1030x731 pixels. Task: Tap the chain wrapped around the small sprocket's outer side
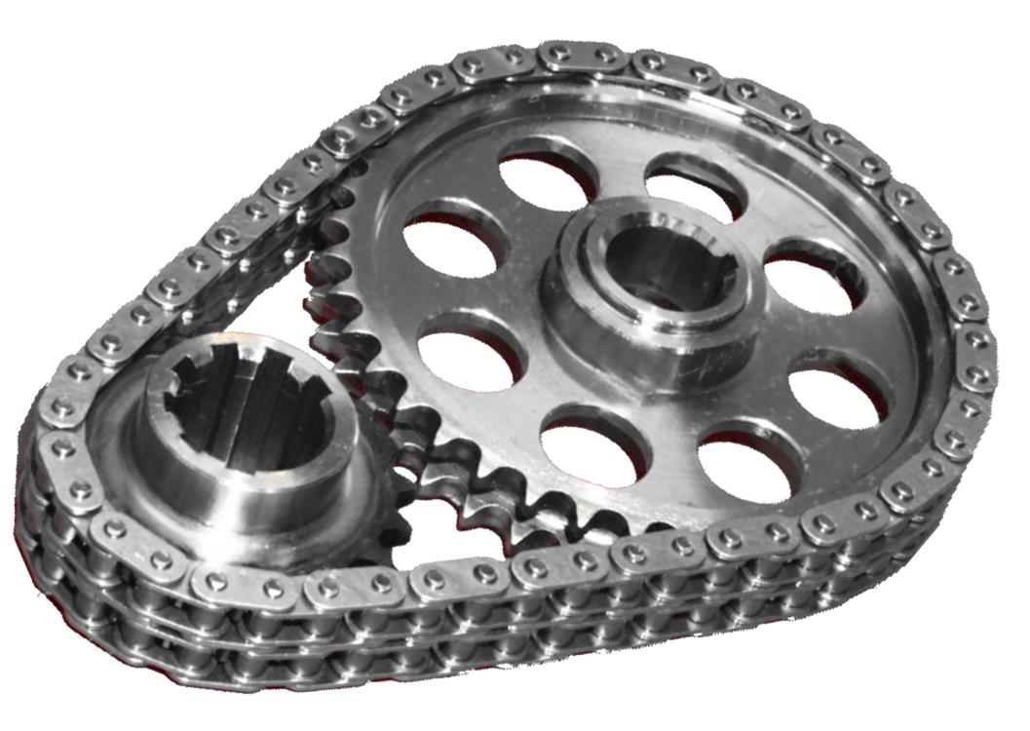[58, 468]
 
